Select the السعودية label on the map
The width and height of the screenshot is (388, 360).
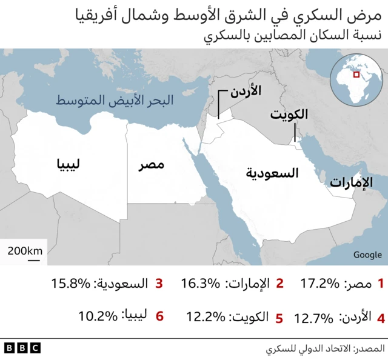click(273, 173)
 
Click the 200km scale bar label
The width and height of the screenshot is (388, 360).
click(25, 250)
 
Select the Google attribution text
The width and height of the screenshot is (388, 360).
click(367, 255)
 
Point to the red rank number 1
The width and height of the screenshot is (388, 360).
click(381, 283)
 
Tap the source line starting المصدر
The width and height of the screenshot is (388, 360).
click(325, 349)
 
